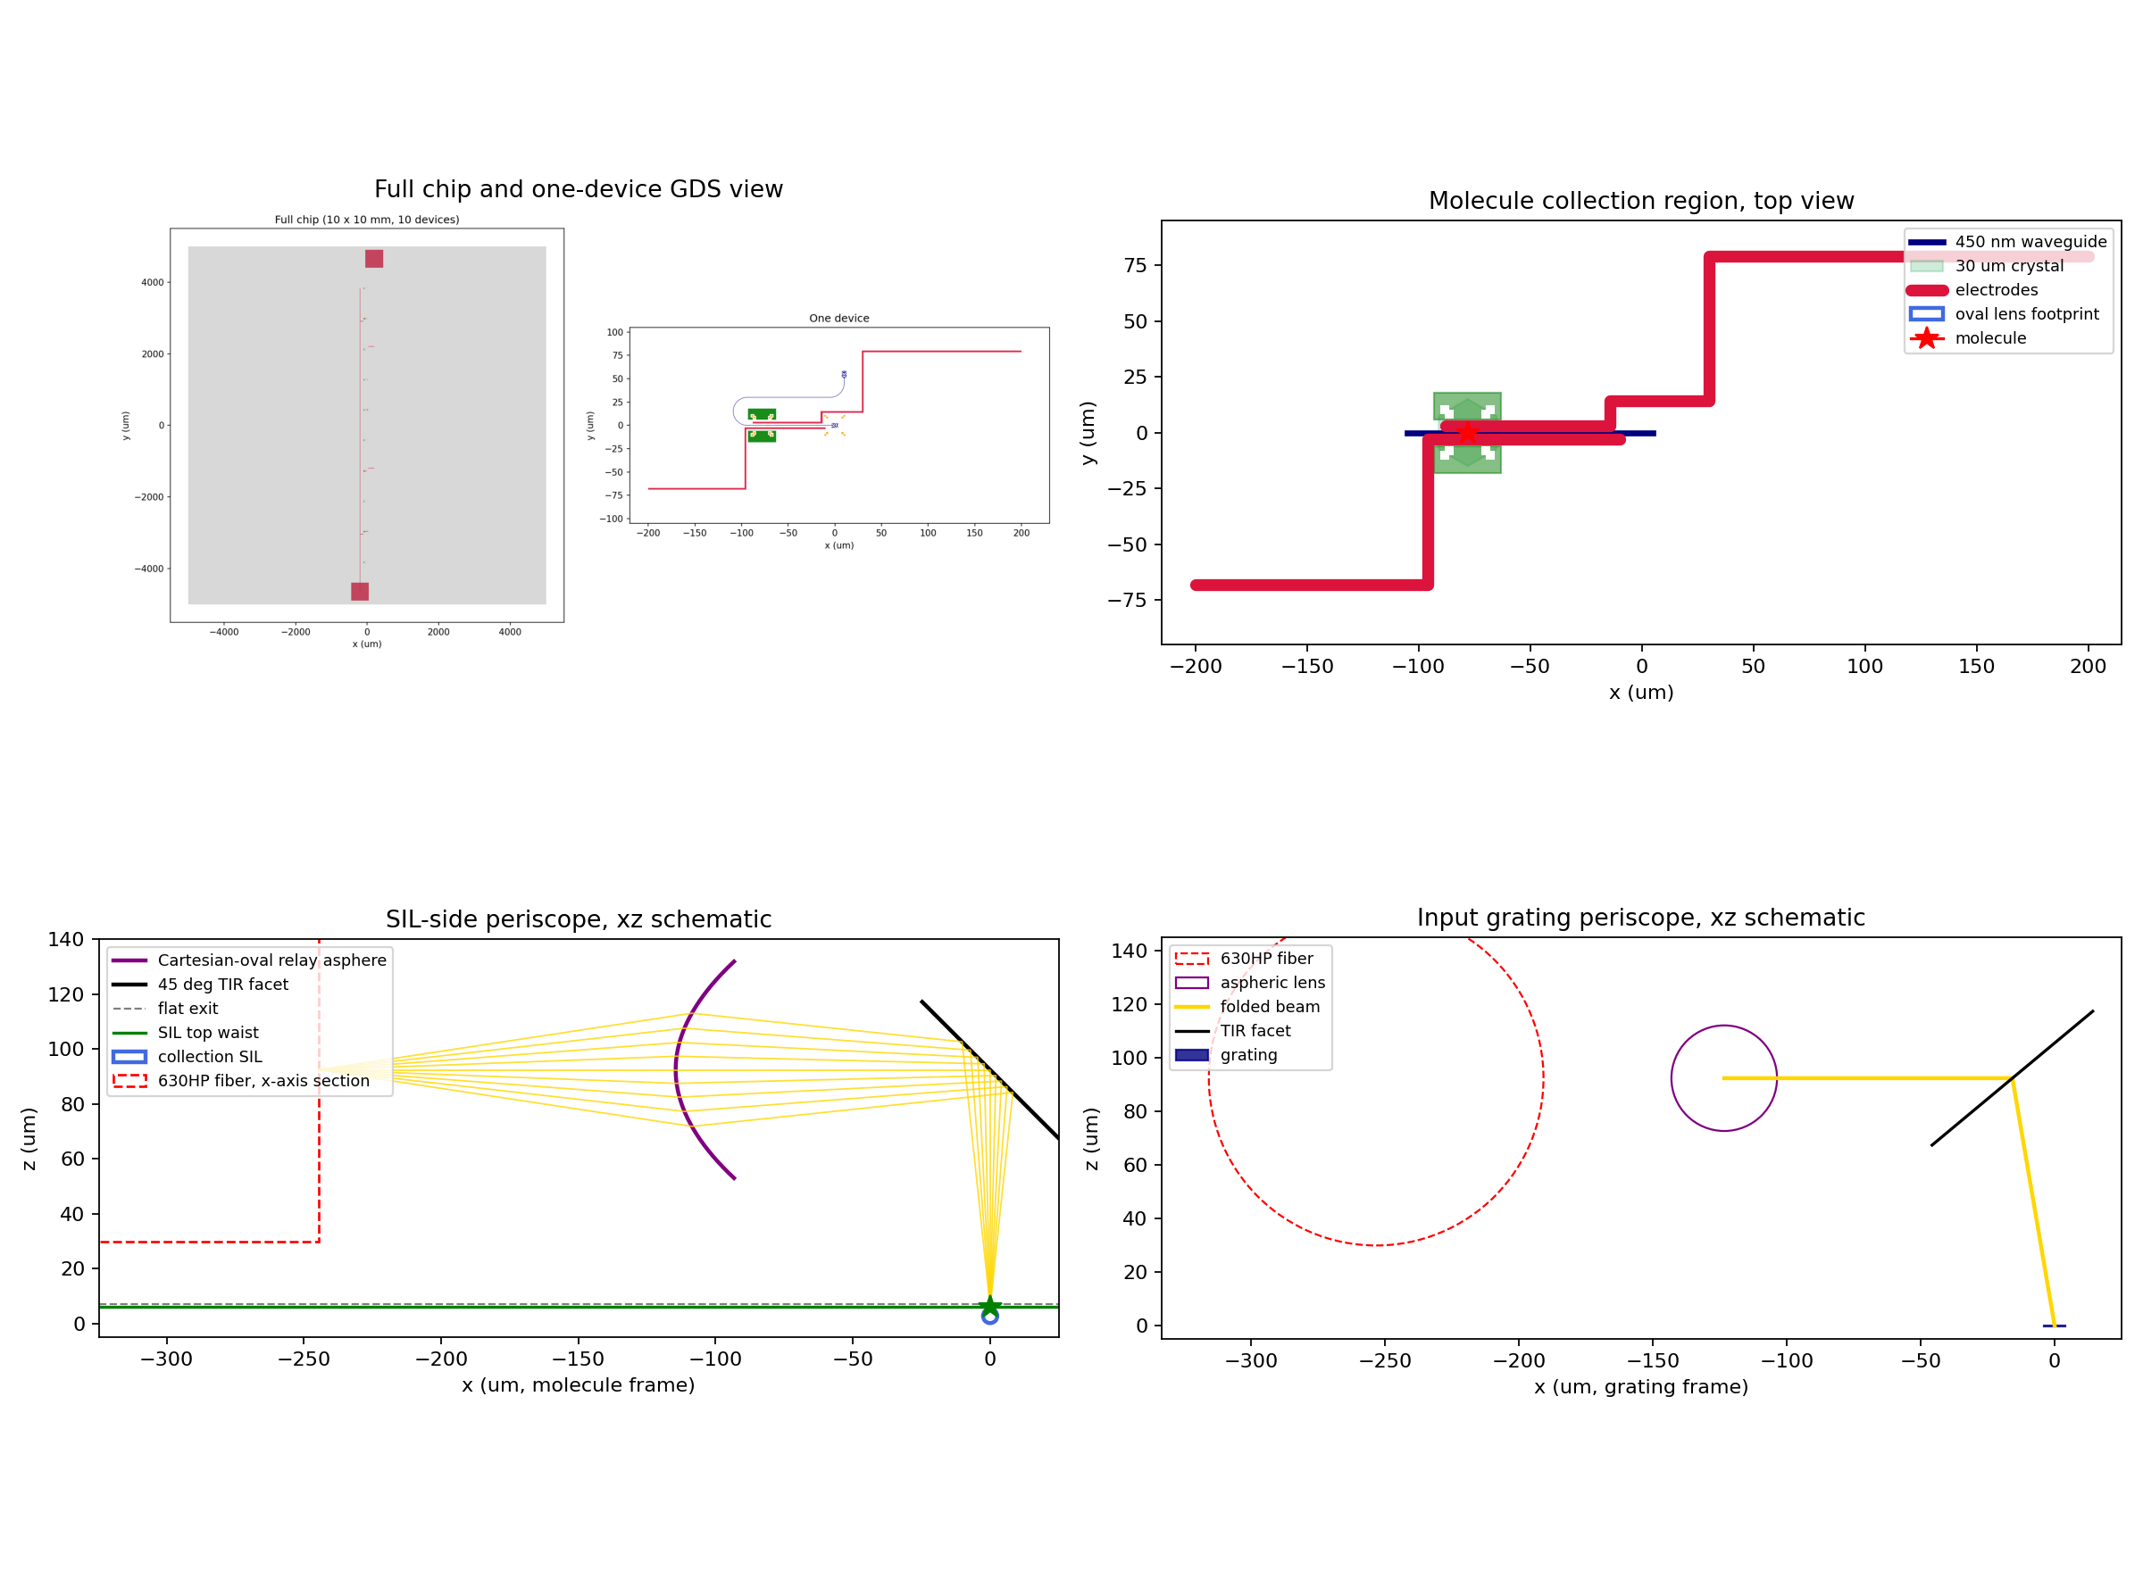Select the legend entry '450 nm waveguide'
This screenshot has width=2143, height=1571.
click(x=2007, y=242)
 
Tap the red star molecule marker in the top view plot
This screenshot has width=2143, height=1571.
click(x=1467, y=433)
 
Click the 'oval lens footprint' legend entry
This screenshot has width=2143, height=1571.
click(x=2003, y=314)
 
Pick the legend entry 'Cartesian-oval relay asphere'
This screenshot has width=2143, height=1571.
click(x=249, y=960)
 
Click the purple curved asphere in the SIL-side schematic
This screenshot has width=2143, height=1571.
click(x=676, y=1070)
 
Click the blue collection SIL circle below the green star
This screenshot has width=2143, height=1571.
click(x=989, y=1316)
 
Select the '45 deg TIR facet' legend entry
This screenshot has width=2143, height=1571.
click(x=200, y=985)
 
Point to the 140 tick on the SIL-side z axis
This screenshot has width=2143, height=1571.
click(x=67, y=940)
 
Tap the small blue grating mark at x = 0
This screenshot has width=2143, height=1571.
click(x=2054, y=1325)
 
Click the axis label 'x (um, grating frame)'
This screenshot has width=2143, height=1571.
click(x=1641, y=1386)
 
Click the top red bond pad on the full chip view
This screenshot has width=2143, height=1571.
click(x=374, y=259)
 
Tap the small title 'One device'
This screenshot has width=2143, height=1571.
click(x=839, y=319)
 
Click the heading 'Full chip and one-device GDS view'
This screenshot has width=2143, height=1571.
click(x=579, y=189)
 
